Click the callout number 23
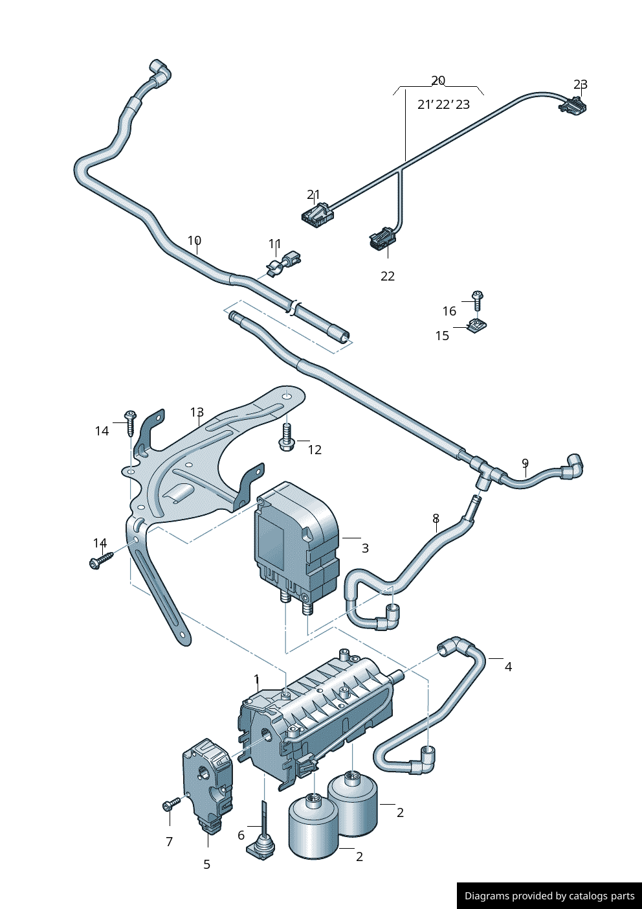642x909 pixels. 581,85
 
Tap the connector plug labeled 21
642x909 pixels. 316,213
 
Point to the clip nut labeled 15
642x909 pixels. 477,327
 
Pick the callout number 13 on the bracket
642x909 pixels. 197,413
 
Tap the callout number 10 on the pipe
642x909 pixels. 194,241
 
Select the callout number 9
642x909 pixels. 525,463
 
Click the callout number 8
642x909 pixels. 436,518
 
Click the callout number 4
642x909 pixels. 508,667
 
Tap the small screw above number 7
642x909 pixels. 171,805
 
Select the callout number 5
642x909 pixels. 206,864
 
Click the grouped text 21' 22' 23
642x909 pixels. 443,104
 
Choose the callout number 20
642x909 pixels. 438,80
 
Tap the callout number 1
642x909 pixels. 256,679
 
